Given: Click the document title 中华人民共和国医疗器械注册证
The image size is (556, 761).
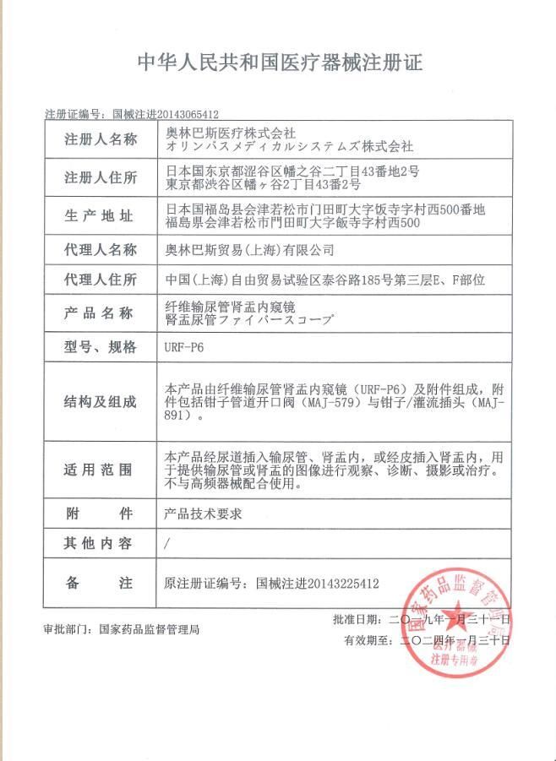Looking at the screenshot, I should coord(280,63).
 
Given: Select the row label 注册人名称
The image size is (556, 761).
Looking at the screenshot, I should coord(100,140).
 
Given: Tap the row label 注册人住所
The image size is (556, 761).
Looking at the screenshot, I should coord(100,178).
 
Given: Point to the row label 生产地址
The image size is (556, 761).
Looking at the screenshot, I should coord(100,216).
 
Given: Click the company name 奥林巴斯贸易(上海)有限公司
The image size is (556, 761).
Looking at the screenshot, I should coord(249,250).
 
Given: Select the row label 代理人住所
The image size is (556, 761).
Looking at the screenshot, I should coord(100,280).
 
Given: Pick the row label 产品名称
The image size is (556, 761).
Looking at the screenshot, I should coord(100,313).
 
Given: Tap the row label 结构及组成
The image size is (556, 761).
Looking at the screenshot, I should coord(100,402).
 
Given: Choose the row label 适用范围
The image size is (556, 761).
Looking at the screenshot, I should coord(100,470).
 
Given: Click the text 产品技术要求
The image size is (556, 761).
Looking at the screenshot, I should coord(204,514).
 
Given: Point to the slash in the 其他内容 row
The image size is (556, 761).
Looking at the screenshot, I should coord(169,545).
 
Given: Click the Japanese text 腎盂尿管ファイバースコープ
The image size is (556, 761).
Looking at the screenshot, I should coord(250,321).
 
